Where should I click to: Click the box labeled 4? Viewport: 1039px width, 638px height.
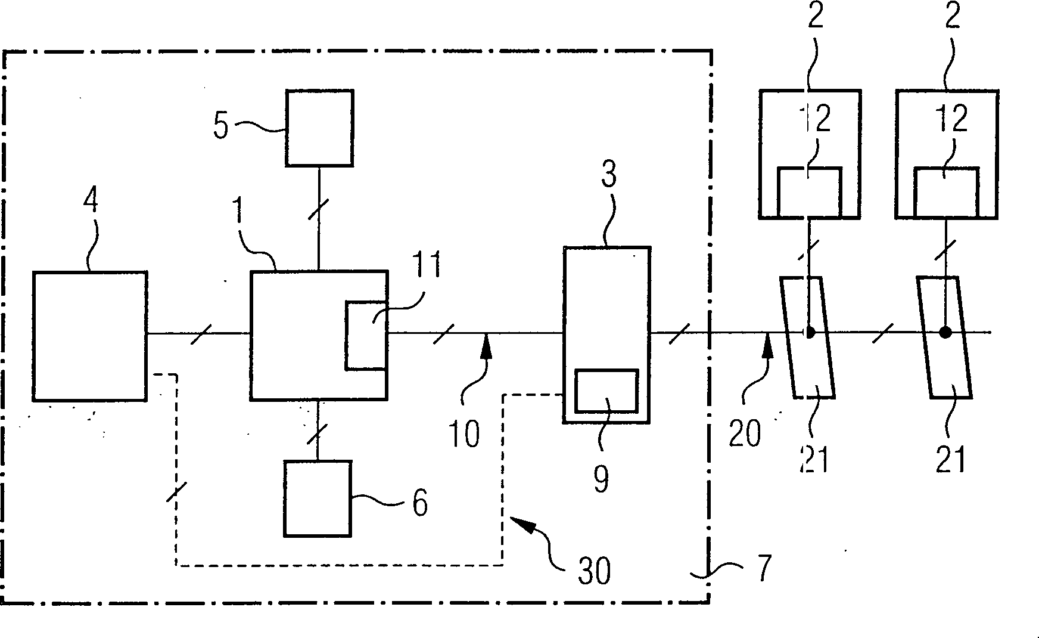(x=89, y=336)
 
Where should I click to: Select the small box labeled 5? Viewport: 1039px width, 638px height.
(x=319, y=128)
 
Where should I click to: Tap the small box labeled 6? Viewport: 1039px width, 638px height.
(x=317, y=498)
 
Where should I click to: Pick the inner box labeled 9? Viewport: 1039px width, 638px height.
(x=606, y=391)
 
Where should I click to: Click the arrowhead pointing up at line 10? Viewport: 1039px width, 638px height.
(x=487, y=346)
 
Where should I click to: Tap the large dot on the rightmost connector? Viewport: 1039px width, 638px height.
(x=945, y=332)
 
